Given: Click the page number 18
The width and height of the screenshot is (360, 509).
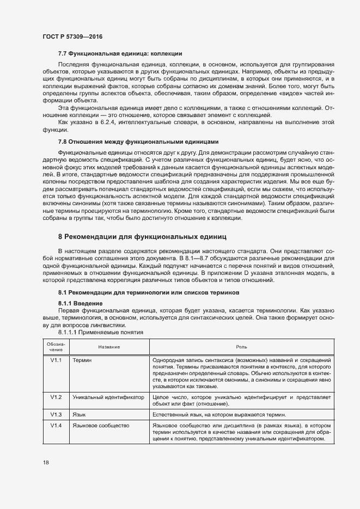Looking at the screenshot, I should click(x=45, y=463).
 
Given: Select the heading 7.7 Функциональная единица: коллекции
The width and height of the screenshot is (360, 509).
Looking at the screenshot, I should click(x=120, y=54).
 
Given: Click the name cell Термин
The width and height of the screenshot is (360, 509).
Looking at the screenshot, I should click(x=82, y=360).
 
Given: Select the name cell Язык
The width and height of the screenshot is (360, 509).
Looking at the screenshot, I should click(x=79, y=414).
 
